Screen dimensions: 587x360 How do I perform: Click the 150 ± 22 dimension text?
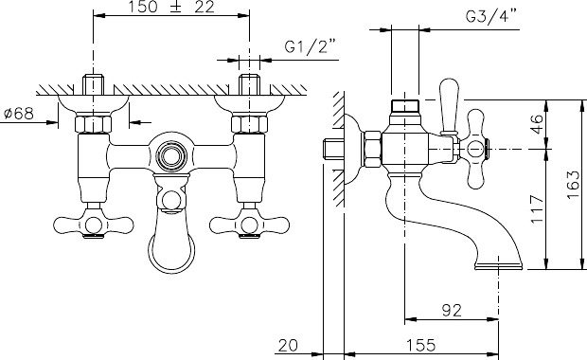pos(171,8)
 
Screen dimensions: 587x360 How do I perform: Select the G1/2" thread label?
pos(310,47)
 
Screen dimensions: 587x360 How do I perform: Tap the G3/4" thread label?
pos(490,17)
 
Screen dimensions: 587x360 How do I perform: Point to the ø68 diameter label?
pos(19,113)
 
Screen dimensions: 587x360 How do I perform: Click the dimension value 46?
pos(537,124)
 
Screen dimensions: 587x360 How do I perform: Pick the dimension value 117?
pos(537,208)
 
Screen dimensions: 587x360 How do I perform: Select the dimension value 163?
pos(573,185)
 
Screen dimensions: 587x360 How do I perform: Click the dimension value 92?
pos(452,310)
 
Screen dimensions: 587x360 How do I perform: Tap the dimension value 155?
pos(420,345)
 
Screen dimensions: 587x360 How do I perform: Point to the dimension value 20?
pos(288,345)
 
